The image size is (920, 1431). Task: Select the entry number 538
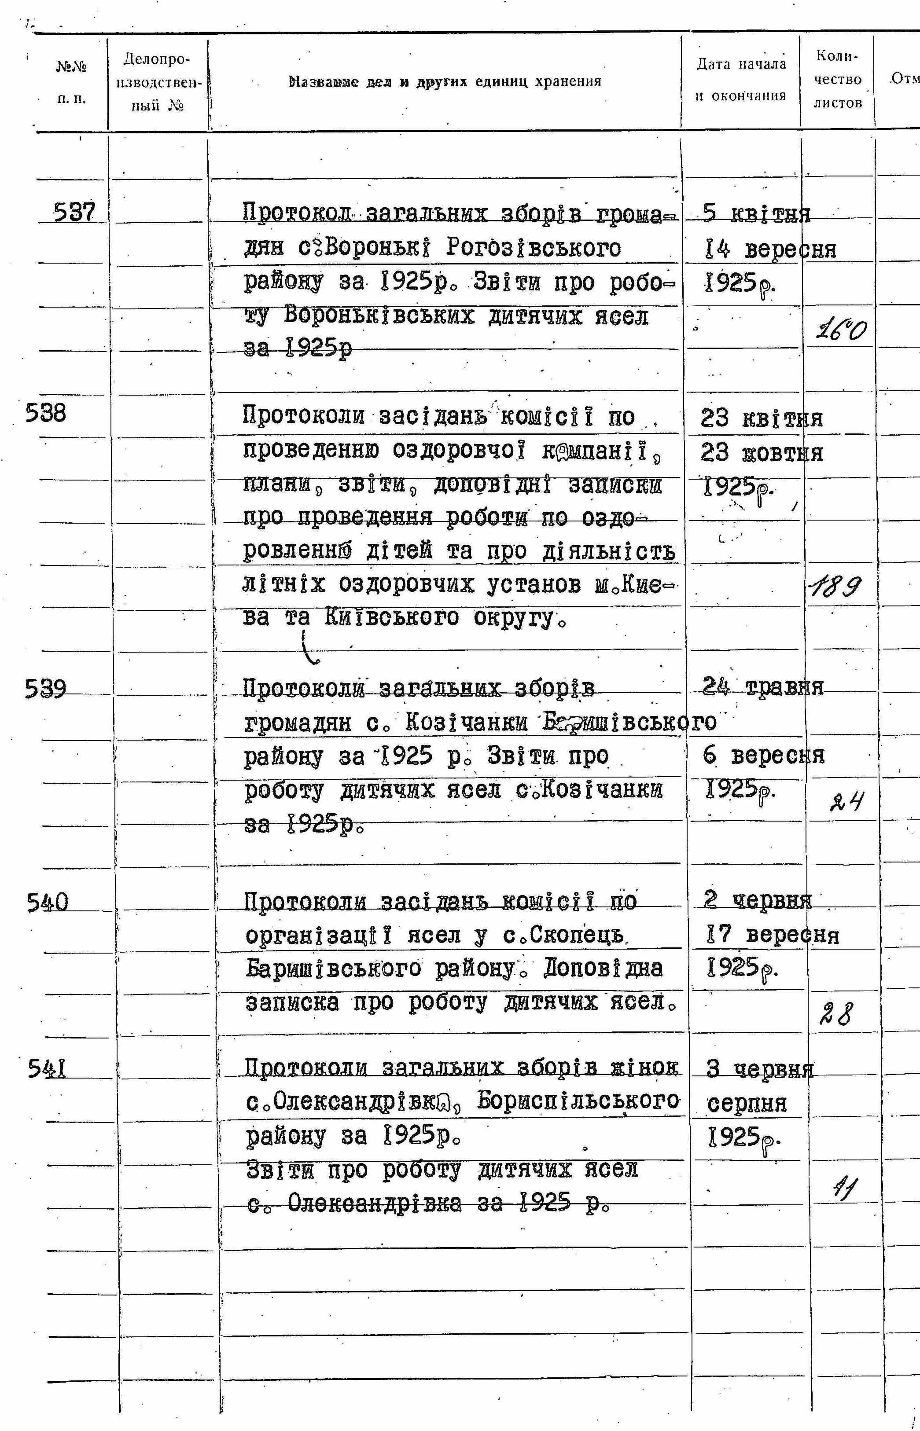pos(46,413)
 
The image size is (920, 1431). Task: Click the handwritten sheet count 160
pos(841,329)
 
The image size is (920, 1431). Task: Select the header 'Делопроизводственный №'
pos(157,82)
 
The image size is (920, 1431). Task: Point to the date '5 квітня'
pos(756,214)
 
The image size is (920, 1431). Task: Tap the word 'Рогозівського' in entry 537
pos(534,247)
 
